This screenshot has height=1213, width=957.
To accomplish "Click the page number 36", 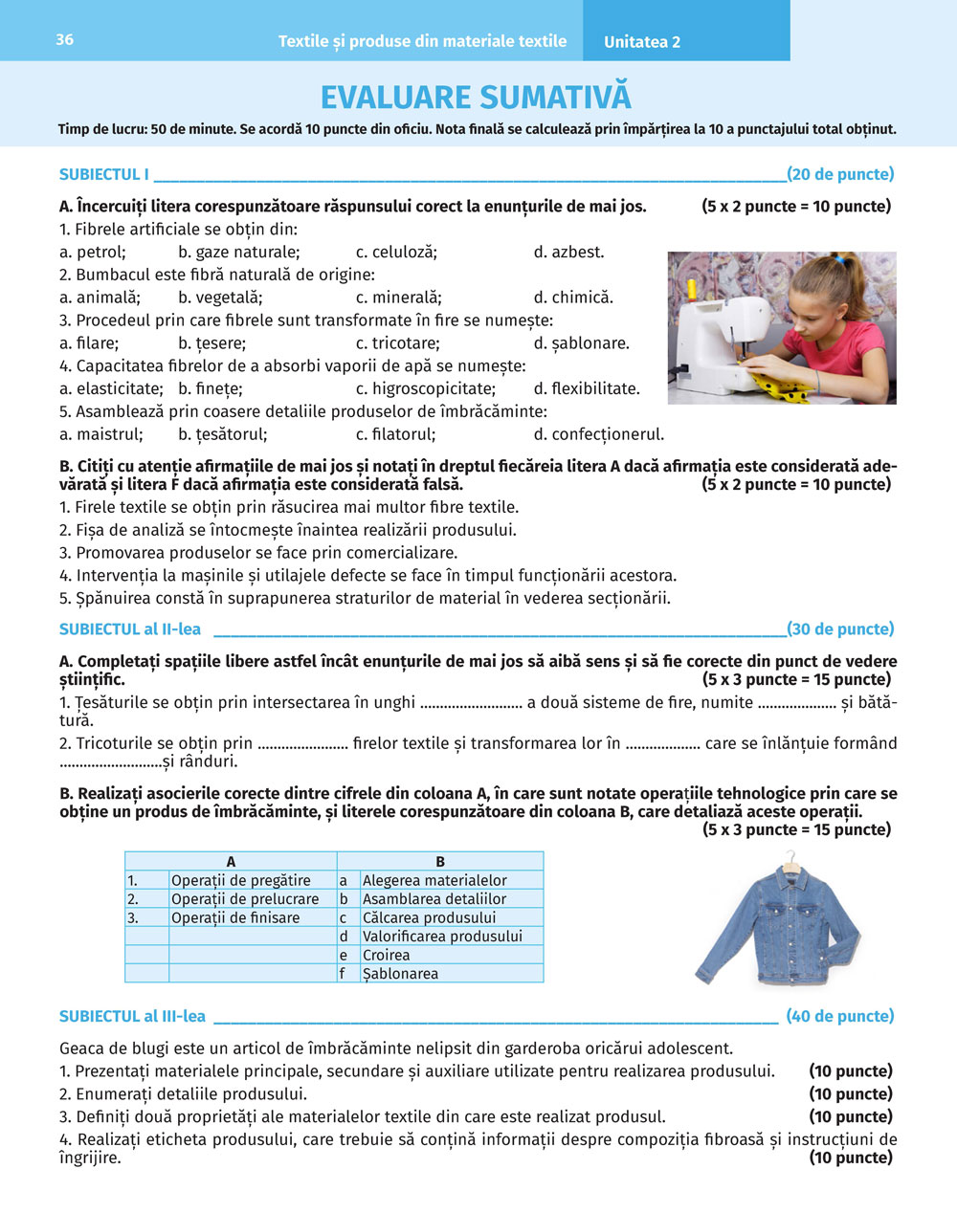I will click(x=64, y=39).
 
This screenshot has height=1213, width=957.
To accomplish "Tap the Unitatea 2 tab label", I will click(x=642, y=42).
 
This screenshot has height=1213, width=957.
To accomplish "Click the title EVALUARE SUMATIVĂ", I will click(x=476, y=98).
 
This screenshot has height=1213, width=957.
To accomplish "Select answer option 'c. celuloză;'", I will click(x=396, y=253).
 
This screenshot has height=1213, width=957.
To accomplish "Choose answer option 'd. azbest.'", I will click(x=568, y=253).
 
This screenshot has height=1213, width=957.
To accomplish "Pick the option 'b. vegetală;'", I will click(x=220, y=298).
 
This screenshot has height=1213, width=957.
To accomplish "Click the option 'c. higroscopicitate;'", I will click(x=426, y=388).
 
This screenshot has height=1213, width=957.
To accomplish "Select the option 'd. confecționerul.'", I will click(x=598, y=434).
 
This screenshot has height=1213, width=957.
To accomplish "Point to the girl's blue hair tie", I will click(x=839, y=258).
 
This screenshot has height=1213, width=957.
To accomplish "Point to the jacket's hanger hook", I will click(x=790, y=855).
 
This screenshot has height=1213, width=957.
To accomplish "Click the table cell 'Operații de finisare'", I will click(x=235, y=917).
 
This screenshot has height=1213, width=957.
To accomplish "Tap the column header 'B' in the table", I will click(x=440, y=861).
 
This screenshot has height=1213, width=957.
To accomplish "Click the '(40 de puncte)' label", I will click(x=839, y=1016).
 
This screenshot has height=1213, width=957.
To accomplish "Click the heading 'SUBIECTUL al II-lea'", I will click(x=130, y=629).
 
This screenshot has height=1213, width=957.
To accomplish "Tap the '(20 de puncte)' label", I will click(x=840, y=174).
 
